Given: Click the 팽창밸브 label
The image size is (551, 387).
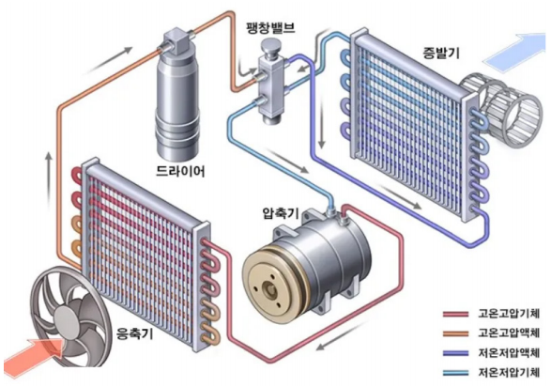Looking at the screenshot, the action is pyautogui.click(x=270, y=27).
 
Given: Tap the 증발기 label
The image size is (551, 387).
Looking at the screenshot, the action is pyautogui.click(x=441, y=54).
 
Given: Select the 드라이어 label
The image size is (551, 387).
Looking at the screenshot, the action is pyautogui.click(x=180, y=170).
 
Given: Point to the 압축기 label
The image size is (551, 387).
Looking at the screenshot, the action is pyautogui.click(x=281, y=212).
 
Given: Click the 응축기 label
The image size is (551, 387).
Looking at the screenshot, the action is pyautogui.click(x=134, y=333).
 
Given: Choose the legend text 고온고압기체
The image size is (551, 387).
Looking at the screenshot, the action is pyautogui.click(x=508, y=313).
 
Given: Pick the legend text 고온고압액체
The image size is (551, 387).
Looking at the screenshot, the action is pyautogui.click(x=508, y=333).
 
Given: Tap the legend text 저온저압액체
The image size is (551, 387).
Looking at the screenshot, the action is pyautogui.click(x=508, y=352).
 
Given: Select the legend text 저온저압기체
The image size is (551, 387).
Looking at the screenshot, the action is pyautogui.click(x=508, y=372).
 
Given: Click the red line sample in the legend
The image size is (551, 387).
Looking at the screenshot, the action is pyautogui.click(x=455, y=314).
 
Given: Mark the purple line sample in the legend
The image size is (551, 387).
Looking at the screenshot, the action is pyautogui.click(x=455, y=353).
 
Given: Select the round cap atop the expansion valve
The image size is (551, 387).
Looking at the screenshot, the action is pyautogui.click(x=271, y=46).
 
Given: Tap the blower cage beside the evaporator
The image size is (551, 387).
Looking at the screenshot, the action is pyautogui.click(x=501, y=110).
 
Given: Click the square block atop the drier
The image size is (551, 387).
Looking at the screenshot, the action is pyautogui.click(x=177, y=40).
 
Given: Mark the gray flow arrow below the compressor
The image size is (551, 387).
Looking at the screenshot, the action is pyautogui.click(x=343, y=335).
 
